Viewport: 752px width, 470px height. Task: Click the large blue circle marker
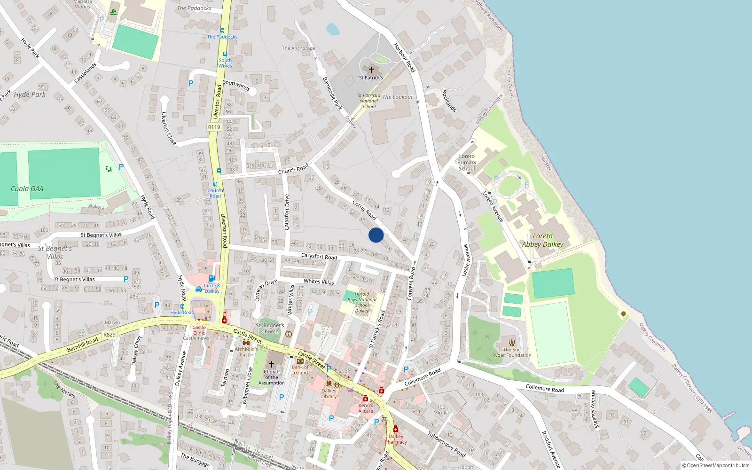376,235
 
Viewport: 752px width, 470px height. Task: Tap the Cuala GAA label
27,189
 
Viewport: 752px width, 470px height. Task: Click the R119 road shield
214,127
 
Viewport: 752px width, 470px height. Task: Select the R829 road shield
109,335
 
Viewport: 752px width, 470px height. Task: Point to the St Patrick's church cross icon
371,70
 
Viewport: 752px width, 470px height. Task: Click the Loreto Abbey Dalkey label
542,240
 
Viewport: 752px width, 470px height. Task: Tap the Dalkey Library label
329,393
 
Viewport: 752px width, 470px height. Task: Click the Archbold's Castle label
246,352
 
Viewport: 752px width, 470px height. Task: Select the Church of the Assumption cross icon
271,364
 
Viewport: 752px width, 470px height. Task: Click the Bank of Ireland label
300,370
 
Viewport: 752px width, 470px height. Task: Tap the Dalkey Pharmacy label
396,439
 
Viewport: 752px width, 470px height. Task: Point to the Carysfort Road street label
319,256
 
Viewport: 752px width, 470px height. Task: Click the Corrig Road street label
364,210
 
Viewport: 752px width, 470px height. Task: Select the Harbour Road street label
404,57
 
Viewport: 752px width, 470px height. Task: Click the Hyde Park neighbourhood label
30,94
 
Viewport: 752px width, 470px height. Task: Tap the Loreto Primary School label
467,162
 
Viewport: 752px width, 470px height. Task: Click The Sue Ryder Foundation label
511,352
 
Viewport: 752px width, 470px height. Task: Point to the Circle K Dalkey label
211,288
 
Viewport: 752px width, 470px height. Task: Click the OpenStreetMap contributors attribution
716,466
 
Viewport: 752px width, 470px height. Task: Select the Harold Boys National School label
362,302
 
